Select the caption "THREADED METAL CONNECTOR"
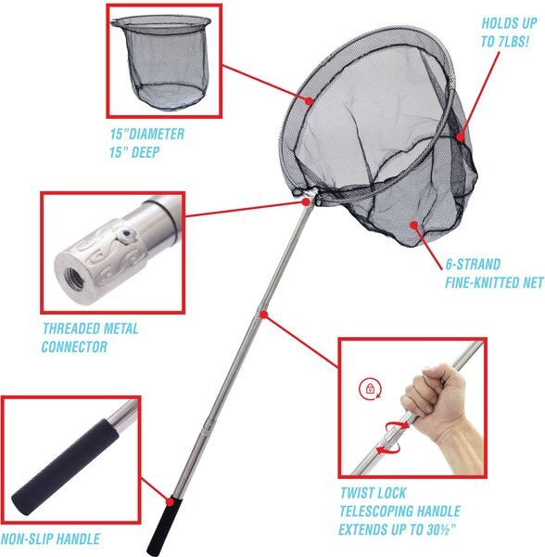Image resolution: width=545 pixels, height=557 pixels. (89, 338)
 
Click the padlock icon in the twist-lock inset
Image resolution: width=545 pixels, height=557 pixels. (369, 391)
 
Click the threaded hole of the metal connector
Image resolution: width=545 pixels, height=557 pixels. (72, 270)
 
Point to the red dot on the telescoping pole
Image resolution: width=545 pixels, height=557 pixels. (264, 316)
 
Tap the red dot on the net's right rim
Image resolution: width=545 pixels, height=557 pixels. (462, 137)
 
